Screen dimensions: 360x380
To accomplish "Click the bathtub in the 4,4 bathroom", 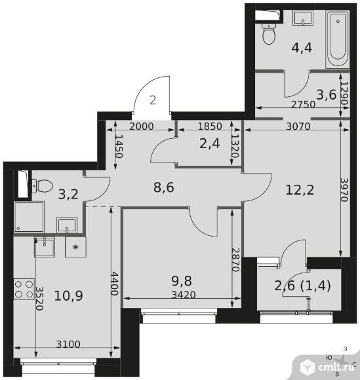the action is click(x=337, y=39).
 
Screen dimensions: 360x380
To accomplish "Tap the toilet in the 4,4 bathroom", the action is click(x=269, y=34).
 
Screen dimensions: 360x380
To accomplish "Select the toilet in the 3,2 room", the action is click(x=42, y=186).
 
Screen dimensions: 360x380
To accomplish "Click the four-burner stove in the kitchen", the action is click(x=24, y=289).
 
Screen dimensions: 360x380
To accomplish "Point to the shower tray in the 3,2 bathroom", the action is click(x=29, y=217).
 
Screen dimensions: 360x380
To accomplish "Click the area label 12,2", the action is click(x=300, y=190).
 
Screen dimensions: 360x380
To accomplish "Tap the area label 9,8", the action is click(x=182, y=281).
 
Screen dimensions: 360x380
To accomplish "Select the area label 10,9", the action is click(x=68, y=295).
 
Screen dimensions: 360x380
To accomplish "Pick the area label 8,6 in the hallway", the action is click(x=164, y=187).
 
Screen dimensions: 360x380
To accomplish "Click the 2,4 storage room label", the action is click(x=210, y=143).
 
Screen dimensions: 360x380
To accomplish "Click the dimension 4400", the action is click(x=115, y=284).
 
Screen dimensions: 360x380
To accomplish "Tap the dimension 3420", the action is click(x=184, y=294).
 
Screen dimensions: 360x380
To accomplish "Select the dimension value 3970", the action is click(x=344, y=190).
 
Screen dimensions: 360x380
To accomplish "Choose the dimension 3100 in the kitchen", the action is click(x=68, y=344).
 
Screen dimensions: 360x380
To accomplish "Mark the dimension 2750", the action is click(x=303, y=104).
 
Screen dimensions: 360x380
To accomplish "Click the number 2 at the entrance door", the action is click(x=153, y=100).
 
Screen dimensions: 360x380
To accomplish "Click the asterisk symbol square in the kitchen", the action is click(x=75, y=247).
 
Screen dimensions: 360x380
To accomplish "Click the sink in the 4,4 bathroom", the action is click(x=303, y=18).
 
